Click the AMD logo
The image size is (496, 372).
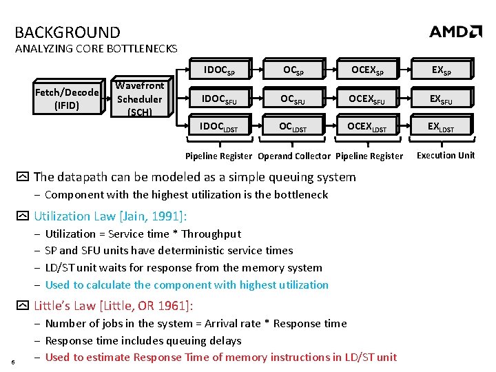pyautogui.click(x=455, y=32)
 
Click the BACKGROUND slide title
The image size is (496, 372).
pyautogui.click(x=68, y=32)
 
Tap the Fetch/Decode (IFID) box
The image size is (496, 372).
pyautogui.click(x=68, y=99)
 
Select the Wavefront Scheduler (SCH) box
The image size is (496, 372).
pyautogui.click(x=139, y=99)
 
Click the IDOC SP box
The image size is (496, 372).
pyautogui.click(x=219, y=70)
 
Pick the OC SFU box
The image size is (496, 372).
pyautogui.click(x=292, y=99)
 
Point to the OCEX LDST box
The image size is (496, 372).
pyautogui.click(x=366, y=126)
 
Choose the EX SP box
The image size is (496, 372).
pyautogui.click(x=441, y=70)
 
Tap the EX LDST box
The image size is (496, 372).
pyautogui.click(x=441, y=126)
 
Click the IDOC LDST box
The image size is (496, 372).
pyautogui.click(x=219, y=126)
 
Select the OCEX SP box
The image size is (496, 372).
pyautogui.click(x=366, y=70)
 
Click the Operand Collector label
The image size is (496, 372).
pyautogui.click(x=294, y=156)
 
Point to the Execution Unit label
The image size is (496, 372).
pyautogui.click(x=446, y=155)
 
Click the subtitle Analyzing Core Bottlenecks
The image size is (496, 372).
pyautogui.click(x=96, y=49)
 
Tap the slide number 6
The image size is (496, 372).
pyautogui.click(x=13, y=363)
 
